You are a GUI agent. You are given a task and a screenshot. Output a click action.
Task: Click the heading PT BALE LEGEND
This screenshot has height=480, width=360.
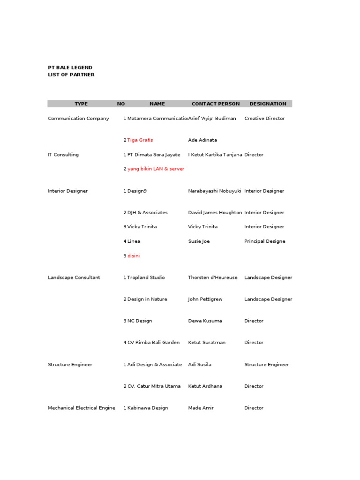[70, 67]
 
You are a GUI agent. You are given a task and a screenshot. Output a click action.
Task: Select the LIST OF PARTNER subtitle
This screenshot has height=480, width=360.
[71, 75]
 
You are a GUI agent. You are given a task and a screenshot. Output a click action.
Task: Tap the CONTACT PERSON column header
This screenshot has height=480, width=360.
[216, 104]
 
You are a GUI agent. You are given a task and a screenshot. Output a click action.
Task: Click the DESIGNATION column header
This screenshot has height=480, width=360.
[268, 104]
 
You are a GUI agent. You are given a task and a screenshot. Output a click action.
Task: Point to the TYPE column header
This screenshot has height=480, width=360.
[81, 104]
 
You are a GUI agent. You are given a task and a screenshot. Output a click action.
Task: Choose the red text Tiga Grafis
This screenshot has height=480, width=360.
[140, 140]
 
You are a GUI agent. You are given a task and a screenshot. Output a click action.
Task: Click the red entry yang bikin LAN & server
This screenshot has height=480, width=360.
[156, 169]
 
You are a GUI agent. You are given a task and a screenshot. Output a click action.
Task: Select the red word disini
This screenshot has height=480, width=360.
[134, 256]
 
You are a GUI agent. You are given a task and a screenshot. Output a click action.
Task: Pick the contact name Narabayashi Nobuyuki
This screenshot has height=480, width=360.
[215, 191]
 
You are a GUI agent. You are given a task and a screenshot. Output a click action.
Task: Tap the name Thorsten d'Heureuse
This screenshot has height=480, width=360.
[213, 277]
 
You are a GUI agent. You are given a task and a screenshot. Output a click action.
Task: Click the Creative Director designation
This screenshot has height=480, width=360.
[264, 119]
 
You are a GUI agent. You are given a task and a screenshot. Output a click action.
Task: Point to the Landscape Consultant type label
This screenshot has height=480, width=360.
[74, 277]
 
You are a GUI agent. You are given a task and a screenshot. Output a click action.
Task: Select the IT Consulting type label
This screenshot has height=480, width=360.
[63, 155]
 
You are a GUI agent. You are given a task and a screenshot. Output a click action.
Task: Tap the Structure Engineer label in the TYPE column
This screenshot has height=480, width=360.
[70, 364]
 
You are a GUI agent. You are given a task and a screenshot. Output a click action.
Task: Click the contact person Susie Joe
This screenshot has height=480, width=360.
[199, 241]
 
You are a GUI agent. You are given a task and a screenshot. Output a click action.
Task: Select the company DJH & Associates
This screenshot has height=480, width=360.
[147, 212]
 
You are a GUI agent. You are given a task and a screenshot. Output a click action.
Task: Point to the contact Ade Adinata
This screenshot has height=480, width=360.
[202, 140]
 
